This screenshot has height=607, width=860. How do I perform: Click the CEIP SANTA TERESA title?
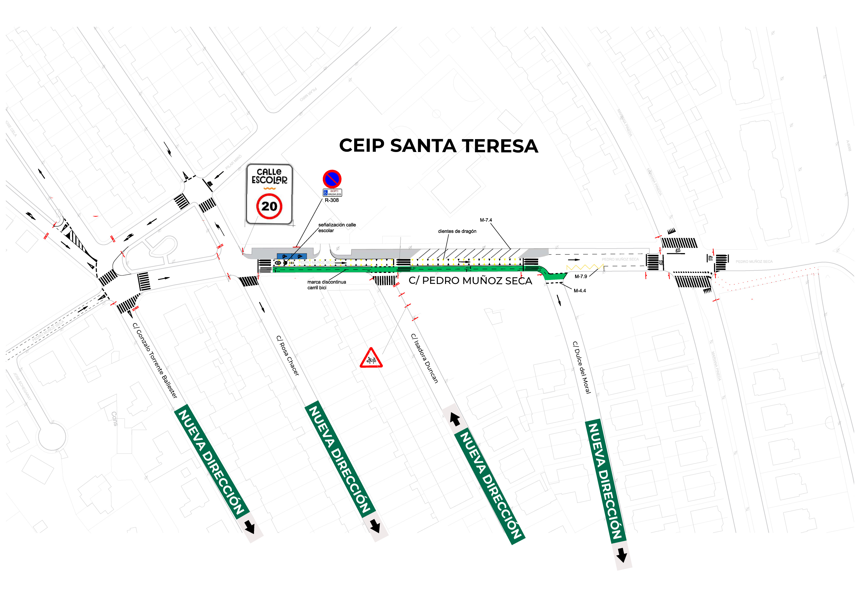438,146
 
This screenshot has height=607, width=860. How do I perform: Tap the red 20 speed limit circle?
269,206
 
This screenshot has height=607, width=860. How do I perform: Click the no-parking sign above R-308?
332,179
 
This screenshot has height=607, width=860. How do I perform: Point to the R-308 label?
332,200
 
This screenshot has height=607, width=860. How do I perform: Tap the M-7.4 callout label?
486,220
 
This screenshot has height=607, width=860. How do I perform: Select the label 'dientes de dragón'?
457,231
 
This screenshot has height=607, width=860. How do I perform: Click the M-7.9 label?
580,277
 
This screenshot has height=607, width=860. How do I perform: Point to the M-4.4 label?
579,291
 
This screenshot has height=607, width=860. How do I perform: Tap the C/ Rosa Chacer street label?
288,355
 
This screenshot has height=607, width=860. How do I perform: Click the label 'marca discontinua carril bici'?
326,285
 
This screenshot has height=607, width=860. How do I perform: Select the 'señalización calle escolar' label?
337,228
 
